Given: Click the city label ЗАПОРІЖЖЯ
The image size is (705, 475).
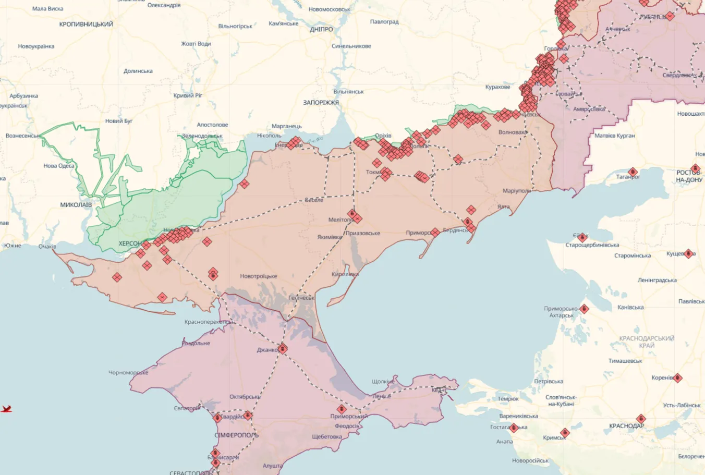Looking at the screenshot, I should [321, 103].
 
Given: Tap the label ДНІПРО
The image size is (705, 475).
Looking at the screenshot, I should [321, 30].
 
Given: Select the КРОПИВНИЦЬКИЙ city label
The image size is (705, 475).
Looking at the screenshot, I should [86, 25].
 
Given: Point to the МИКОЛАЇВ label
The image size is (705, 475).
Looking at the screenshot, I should [76, 205].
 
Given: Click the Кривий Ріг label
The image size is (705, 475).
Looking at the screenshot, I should [188, 95].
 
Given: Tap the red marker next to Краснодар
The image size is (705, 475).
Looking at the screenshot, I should [641, 419].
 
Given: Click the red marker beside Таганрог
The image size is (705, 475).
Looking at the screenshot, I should [633, 172].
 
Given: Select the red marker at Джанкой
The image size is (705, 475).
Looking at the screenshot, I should [283, 348].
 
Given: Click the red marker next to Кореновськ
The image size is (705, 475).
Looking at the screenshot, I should [677, 377].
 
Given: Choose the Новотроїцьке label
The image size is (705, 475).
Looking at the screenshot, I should [259, 276].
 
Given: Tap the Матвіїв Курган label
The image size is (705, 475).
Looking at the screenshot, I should [615, 136].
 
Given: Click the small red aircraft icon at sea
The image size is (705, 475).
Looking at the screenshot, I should [6, 409].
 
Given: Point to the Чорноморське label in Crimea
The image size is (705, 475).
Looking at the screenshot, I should [128, 373].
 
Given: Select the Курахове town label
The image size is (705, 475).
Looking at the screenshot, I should [497, 87].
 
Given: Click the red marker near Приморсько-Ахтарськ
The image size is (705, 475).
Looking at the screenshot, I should [584, 309].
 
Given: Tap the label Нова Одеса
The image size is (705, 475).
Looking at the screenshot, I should [59, 166].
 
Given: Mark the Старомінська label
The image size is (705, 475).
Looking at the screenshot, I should [633, 255].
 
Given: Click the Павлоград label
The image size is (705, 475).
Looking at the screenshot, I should [384, 22].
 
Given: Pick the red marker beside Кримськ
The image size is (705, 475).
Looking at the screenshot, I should [565, 432].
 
